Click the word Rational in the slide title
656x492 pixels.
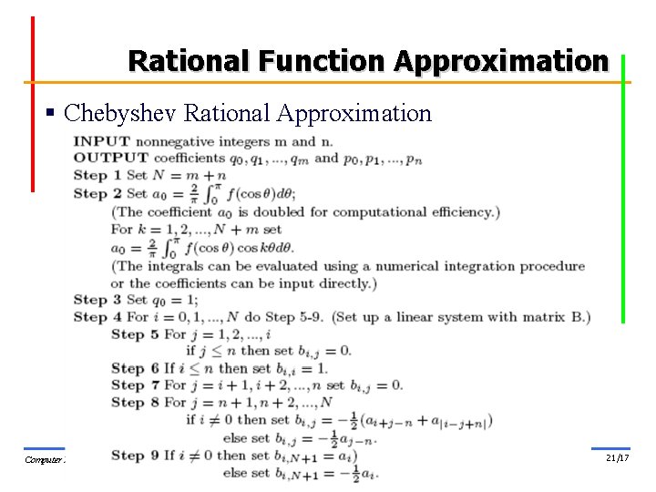(190, 61)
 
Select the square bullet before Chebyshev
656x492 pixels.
(52, 114)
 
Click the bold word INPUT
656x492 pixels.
(101, 141)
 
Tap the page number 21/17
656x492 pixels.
(617, 457)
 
